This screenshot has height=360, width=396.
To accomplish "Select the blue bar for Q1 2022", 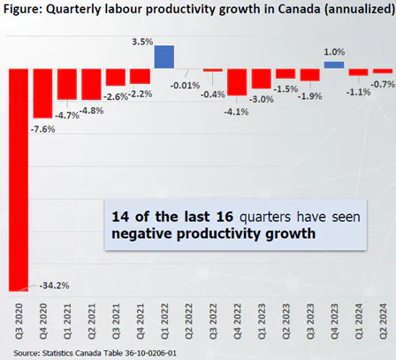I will click(x=164, y=57).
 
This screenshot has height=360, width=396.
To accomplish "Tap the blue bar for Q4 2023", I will click(x=334, y=65).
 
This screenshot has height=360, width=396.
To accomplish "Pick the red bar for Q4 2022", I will click(x=237, y=81).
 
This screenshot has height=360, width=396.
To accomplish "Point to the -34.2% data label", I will click(x=55, y=285).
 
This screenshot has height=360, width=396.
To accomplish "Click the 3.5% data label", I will click(x=127, y=42).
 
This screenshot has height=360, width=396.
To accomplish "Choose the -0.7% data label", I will click(x=382, y=84).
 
